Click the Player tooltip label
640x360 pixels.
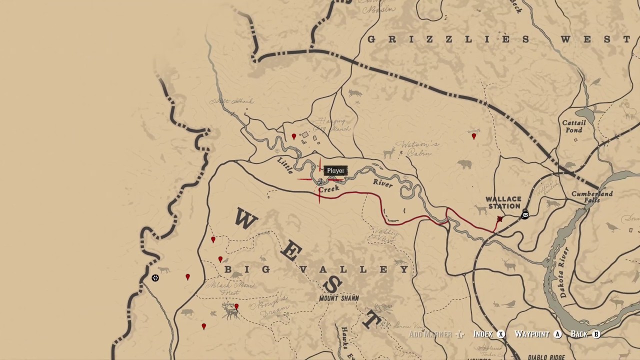click(x=335, y=171)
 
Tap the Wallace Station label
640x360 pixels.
click(x=503, y=202)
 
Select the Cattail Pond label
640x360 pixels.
click(x=573, y=126)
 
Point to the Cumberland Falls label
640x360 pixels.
click(x=592, y=197)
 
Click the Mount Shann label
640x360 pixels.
click(x=339, y=298)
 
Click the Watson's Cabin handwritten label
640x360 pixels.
click(x=421, y=149)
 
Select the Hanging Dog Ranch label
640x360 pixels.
click(x=332, y=124)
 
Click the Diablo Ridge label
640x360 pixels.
click(x=546, y=357)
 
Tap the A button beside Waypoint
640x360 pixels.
click(x=557, y=334)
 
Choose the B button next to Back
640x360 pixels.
click(x=596, y=334)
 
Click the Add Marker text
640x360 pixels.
click(x=430, y=334)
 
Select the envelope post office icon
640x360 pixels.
click(x=525, y=215)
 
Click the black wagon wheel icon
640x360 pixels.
click(x=155, y=278)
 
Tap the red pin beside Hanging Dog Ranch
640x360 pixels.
click(x=294, y=136)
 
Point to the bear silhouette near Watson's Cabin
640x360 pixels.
click(x=464, y=164)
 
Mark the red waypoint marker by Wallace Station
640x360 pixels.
click(x=499, y=219)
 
